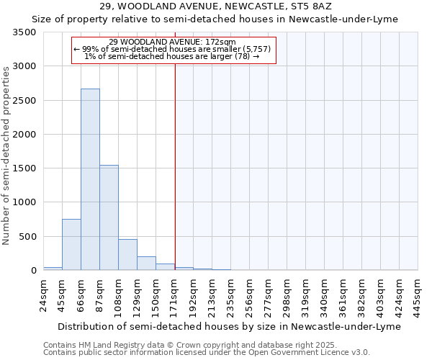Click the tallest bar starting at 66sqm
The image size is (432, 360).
(90, 179)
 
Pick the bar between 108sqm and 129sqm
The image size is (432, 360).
(127, 254)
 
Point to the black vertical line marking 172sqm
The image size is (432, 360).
(175, 166)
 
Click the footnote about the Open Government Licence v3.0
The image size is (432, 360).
(207, 353)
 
